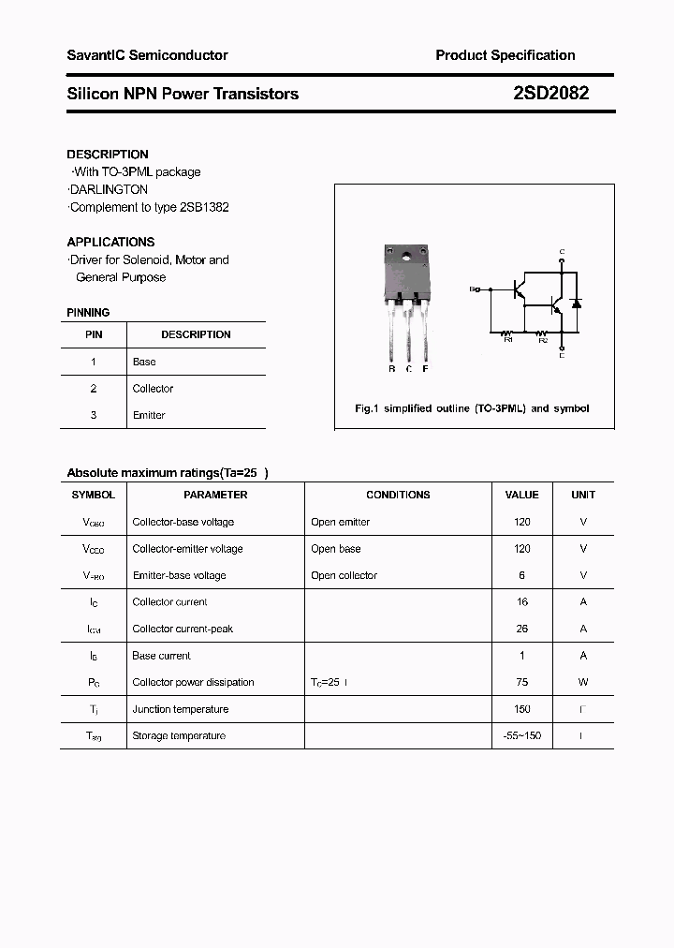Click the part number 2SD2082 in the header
(x=551, y=94)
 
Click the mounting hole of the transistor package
(x=407, y=256)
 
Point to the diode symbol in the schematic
(x=577, y=303)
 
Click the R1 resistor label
(x=507, y=339)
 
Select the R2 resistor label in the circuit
(x=542, y=339)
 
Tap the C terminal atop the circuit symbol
(x=562, y=252)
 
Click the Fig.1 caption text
(x=472, y=408)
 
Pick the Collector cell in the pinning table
(x=153, y=389)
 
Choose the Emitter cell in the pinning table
(x=149, y=415)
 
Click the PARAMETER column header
(x=215, y=495)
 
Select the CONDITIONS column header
(x=398, y=495)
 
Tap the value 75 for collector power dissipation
(x=522, y=683)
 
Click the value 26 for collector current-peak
(x=522, y=630)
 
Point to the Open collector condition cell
(x=344, y=576)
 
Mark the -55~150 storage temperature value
(x=522, y=736)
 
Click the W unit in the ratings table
(x=583, y=683)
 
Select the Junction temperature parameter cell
(x=181, y=710)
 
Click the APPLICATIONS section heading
(x=110, y=242)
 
